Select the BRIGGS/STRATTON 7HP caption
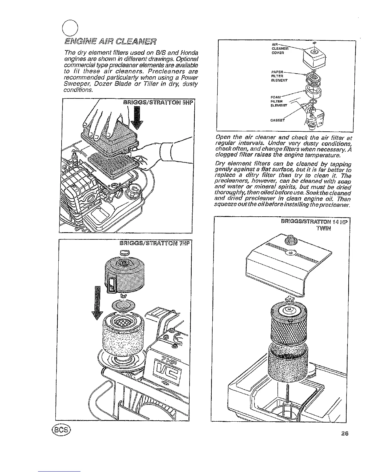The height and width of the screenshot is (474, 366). [x=158, y=243]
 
